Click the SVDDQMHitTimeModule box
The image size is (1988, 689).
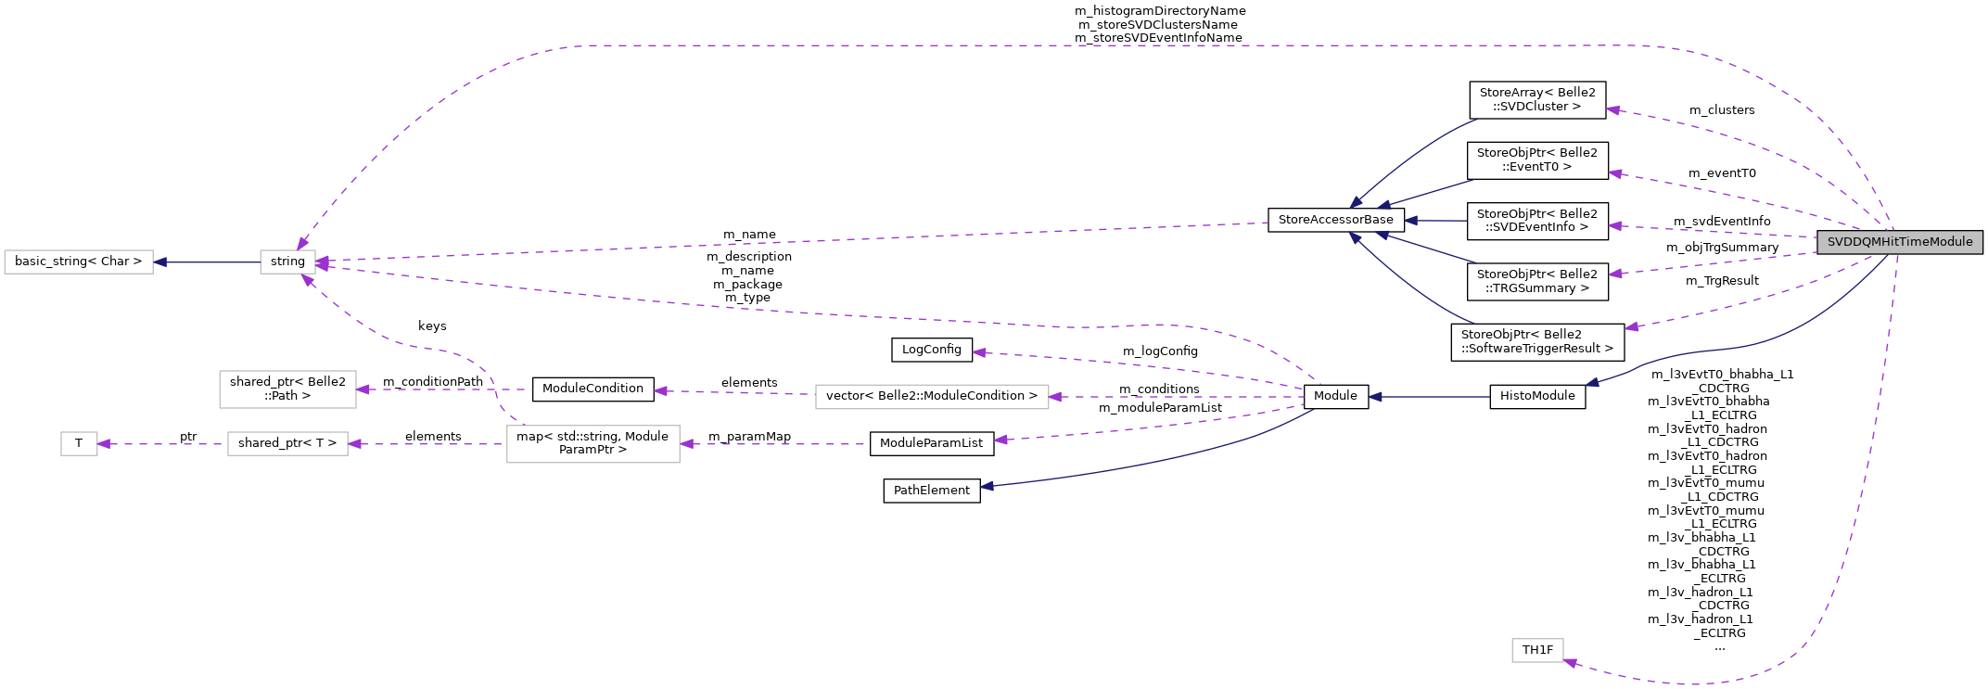pos(1900,242)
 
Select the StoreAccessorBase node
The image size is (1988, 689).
pos(1335,220)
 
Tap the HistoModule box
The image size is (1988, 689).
pos(1537,396)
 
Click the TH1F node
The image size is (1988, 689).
pos(1537,650)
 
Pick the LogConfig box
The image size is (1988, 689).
pos(931,350)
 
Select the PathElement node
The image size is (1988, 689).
pos(931,491)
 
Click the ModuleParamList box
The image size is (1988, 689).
pos(931,443)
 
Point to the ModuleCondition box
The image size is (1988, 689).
pos(593,389)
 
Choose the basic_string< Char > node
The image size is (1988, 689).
pos(79,262)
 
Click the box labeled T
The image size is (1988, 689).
pos(79,443)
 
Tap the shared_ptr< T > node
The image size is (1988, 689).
pos(287,443)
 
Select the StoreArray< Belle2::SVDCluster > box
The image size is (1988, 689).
pos(1537,99)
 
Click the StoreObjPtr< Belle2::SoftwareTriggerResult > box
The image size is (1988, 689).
pos(1537,341)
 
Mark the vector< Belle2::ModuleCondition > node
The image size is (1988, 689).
pos(931,396)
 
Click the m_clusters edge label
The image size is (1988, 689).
pos(1722,110)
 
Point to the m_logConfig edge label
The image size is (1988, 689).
pos(1160,351)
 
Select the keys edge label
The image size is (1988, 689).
pos(432,326)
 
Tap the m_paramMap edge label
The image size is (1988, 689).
pos(749,437)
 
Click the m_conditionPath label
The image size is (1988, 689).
pos(433,382)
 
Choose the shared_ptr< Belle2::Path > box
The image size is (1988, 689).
pos(287,389)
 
